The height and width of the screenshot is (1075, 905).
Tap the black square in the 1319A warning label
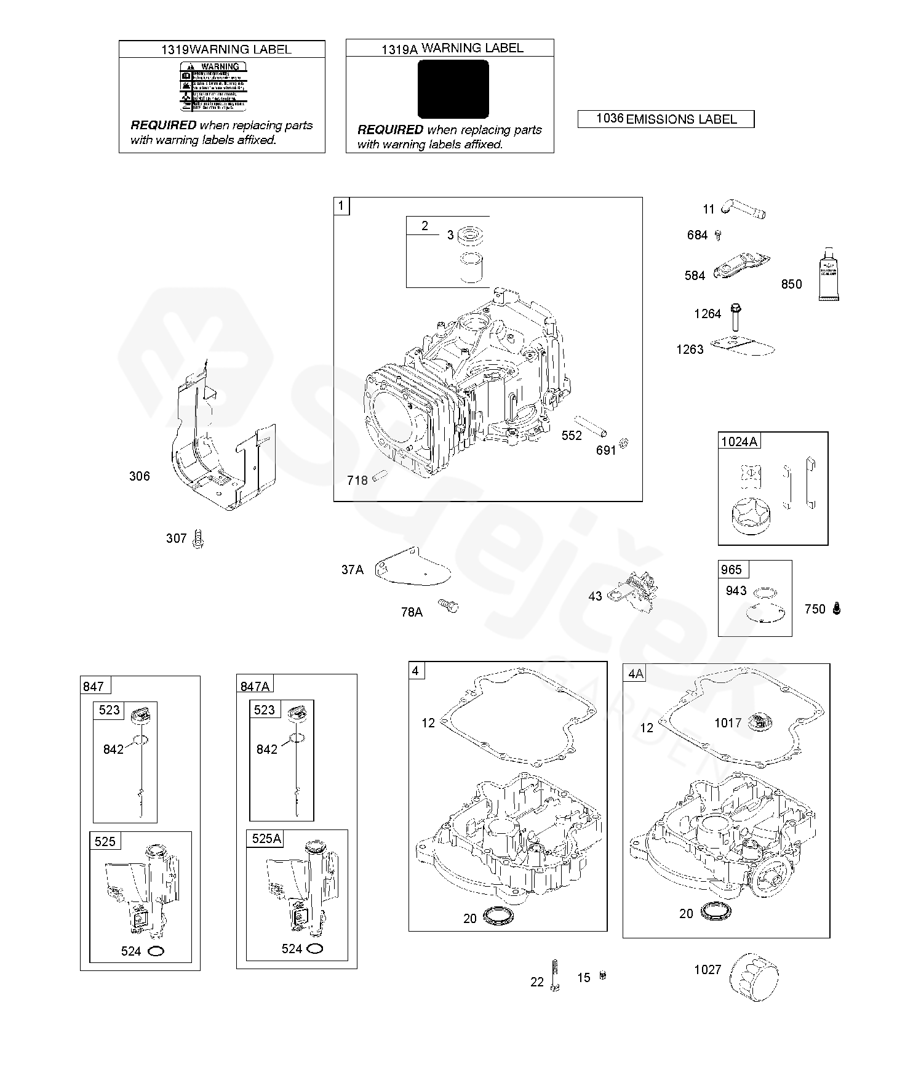[453, 89]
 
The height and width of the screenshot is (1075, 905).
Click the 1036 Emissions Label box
[666, 119]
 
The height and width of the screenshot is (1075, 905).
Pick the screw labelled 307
[198, 538]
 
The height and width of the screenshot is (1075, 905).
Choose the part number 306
[139, 476]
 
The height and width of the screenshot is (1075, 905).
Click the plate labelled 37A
[412, 567]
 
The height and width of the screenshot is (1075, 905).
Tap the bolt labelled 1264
[735, 316]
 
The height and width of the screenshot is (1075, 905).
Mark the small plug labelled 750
[836, 608]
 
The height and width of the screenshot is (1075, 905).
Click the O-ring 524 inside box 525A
[315, 948]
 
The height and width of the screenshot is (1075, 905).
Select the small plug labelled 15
[602, 975]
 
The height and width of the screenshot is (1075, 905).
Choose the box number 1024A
[740, 441]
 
